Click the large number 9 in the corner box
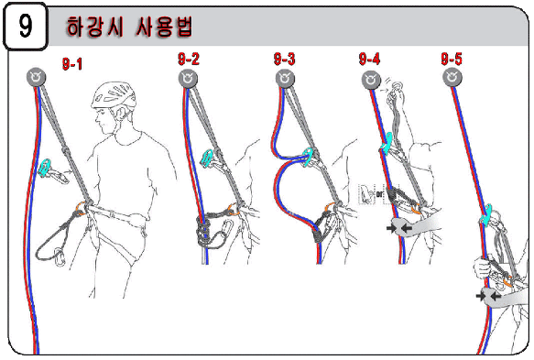coord(26,26)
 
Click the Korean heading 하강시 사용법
coord(129,27)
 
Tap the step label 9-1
coord(72,64)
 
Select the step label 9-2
coord(189,59)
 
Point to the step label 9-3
coord(284,59)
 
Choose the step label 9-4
coord(369,59)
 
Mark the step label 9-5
coord(452,59)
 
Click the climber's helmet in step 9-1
coord(114,94)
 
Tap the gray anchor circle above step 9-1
coord(36,77)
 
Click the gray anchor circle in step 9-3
coord(285,79)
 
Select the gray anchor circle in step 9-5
coord(452,77)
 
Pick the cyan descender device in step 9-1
coord(45,168)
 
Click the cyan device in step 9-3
coord(307,157)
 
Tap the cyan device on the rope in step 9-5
coord(486,214)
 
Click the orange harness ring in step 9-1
coord(81,208)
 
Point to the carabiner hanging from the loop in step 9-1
coord(60,257)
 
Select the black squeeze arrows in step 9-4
coord(398,227)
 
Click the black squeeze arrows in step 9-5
coord(488,296)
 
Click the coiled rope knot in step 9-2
coord(204,231)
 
